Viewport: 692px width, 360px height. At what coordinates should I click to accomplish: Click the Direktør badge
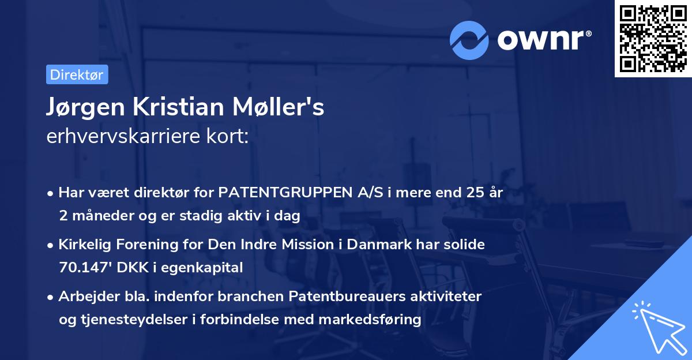point(77,74)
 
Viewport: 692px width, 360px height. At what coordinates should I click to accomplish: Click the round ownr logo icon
point(469,40)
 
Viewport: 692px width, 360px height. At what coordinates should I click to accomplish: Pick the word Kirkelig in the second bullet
point(83,244)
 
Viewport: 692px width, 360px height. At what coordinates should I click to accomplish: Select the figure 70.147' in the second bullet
point(86,267)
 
